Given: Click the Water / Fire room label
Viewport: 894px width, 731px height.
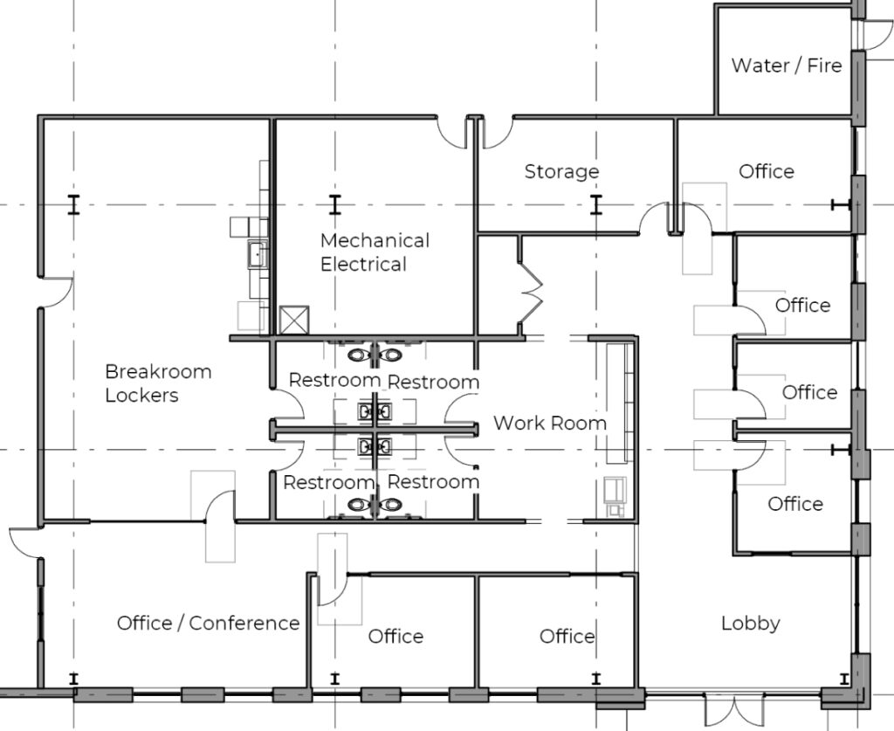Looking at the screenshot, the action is coord(787,66).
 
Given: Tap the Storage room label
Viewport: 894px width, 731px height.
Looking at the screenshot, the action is coord(561,172).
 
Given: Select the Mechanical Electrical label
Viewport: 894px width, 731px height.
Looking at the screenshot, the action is coord(375,252).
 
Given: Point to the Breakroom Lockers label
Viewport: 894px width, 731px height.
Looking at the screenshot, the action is coord(158,383).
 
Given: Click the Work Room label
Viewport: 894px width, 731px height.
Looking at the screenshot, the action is coord(550,423).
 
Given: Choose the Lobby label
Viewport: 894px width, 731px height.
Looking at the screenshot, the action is coord(750,624).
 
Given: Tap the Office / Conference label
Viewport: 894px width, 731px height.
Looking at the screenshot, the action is coord(208,624).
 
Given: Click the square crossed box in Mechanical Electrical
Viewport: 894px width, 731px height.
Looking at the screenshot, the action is coord(294,320).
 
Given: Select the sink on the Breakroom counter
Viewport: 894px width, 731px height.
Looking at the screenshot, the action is coord(258,254).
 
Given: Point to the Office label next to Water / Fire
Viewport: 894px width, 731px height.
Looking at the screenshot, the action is coord(767,172).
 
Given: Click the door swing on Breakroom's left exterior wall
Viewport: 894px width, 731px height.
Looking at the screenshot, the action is coord(57,292).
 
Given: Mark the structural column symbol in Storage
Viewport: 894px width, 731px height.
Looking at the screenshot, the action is coord(595,204).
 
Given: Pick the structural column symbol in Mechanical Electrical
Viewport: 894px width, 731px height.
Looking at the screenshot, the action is coord(334,204).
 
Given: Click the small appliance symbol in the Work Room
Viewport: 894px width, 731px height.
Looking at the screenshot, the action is coord(615,496).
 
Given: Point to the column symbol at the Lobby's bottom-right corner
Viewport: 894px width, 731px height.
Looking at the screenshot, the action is coord(844,679).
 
